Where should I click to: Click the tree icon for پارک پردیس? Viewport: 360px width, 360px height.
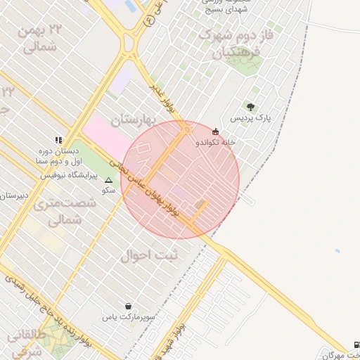(250, 107)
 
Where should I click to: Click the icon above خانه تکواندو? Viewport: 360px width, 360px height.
(215, 131)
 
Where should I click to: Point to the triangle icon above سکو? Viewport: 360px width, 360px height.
(108, 180)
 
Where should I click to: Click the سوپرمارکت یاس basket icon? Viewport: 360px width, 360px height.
(128, 306)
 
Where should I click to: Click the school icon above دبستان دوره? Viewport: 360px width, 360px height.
(58, 140)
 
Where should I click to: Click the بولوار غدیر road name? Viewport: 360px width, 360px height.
(167, 97)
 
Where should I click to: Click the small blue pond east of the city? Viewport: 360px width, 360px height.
(337, 250)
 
